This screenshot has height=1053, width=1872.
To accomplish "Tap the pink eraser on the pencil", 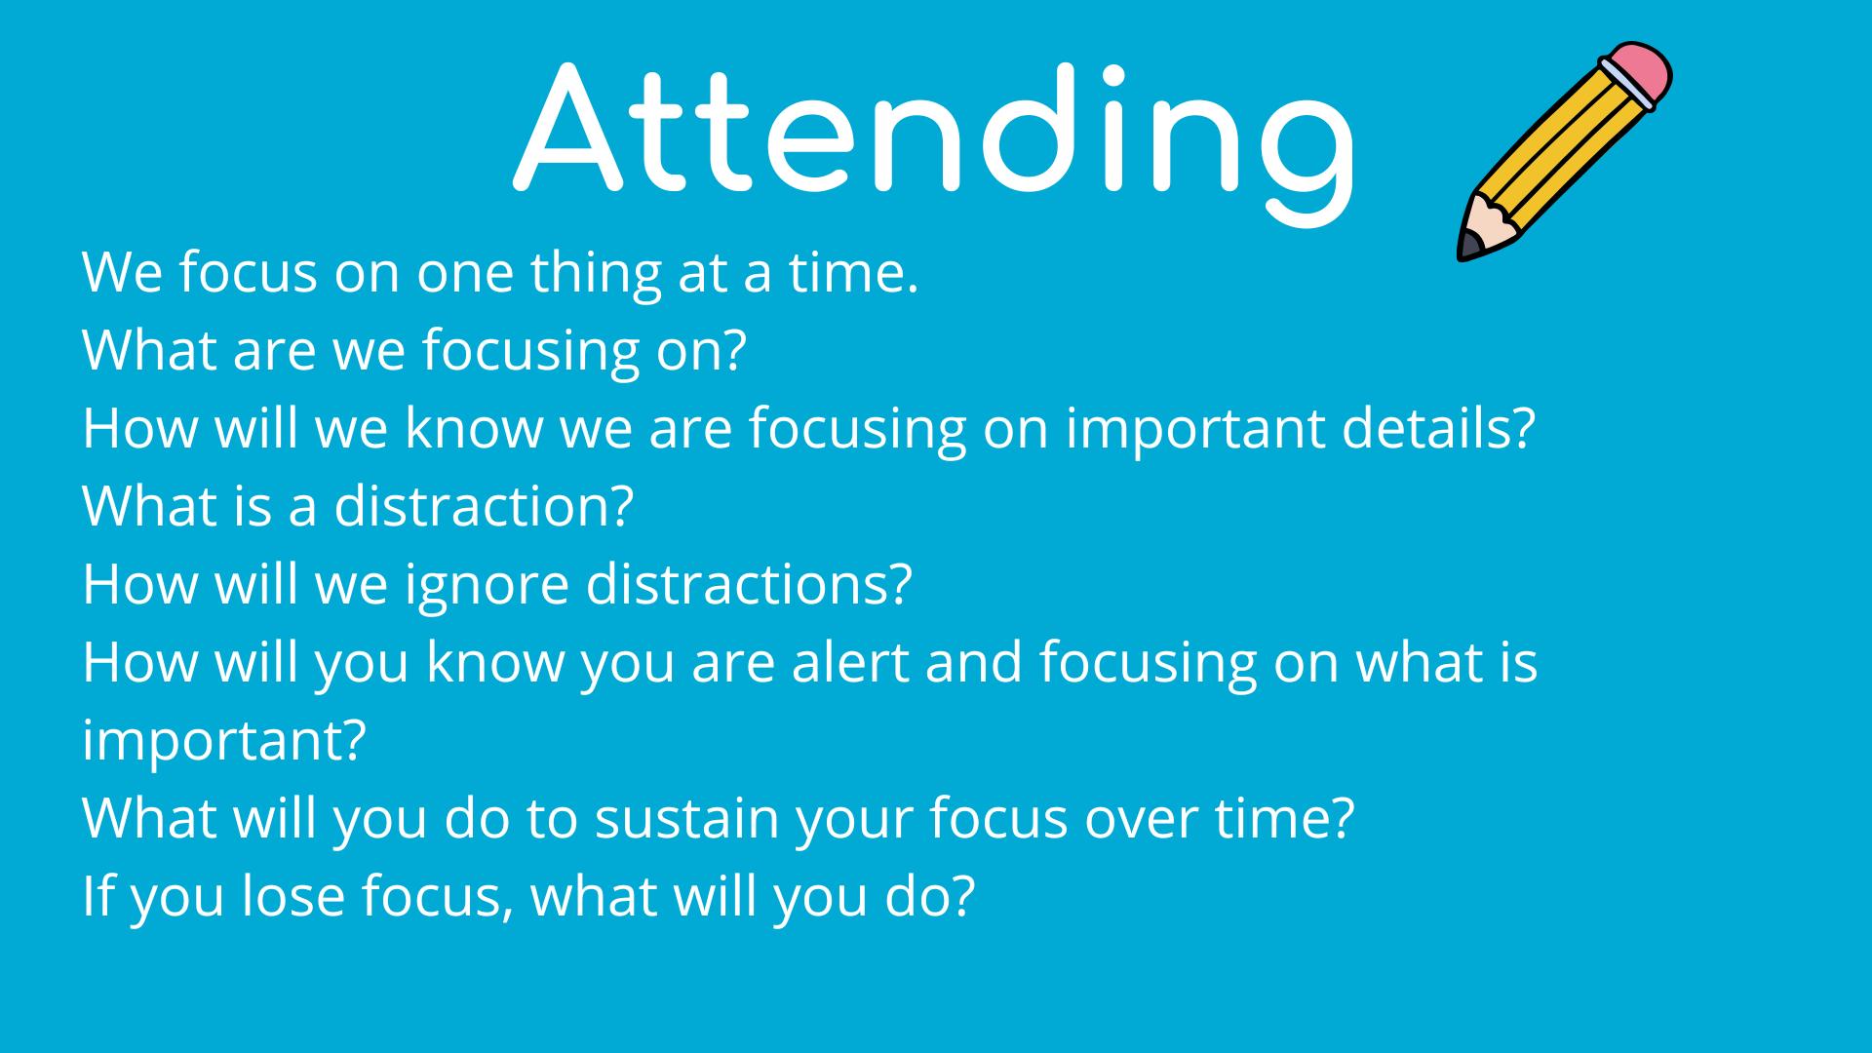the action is point(1635,71).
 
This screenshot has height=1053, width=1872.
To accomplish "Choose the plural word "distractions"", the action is point(748,584).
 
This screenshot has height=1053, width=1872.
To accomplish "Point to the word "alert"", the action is point(849,662).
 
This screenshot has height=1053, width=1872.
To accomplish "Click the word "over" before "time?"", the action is point(1142,820).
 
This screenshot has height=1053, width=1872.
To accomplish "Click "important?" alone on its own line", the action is point(224,742).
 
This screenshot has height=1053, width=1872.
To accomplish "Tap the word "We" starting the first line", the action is point(122,272).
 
